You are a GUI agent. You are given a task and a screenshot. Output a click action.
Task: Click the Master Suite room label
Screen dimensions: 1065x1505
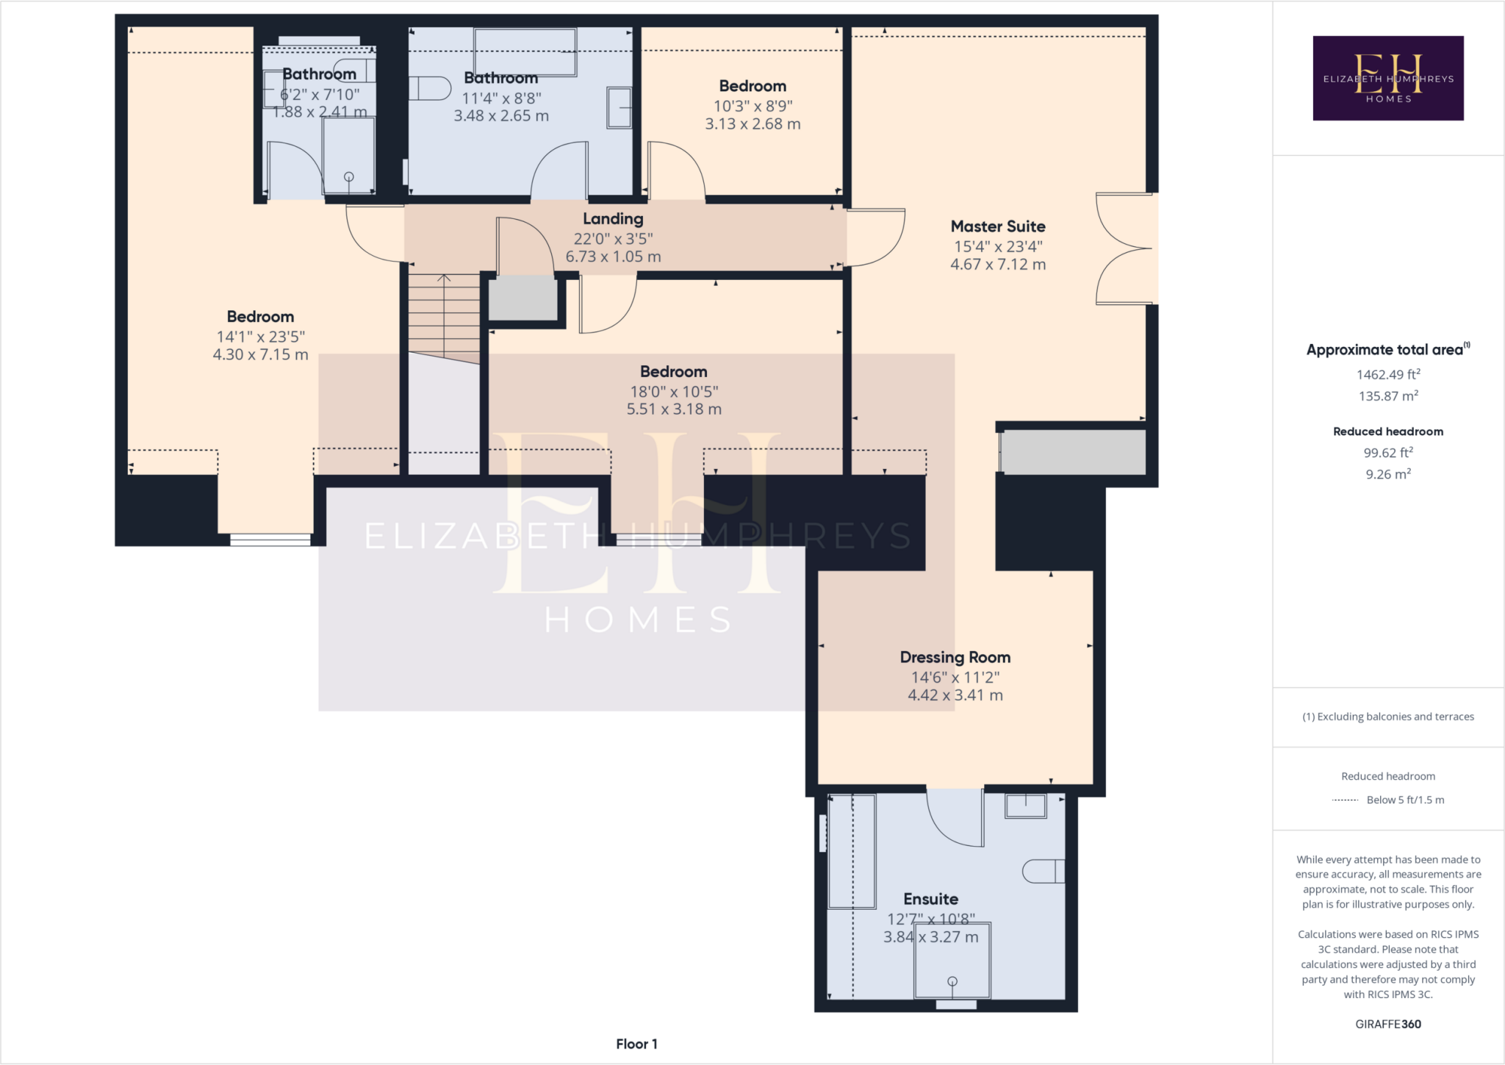click(997, 226)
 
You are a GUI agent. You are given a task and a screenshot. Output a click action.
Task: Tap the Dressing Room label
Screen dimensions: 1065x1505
click(955, 657)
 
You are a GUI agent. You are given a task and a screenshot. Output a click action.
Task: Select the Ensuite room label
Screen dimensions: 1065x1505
click(930, 899)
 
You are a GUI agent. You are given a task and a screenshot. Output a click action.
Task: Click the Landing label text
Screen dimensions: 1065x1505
click(613, 219)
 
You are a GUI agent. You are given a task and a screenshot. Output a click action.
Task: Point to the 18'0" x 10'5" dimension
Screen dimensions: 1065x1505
click(673, 392)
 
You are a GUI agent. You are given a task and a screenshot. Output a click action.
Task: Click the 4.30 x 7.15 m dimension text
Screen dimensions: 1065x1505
click(260, 354)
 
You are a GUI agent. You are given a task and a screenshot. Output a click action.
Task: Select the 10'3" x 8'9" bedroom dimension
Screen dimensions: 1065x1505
click(752, 106)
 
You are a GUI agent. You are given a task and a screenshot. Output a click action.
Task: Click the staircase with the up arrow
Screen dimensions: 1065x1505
click(444, 316)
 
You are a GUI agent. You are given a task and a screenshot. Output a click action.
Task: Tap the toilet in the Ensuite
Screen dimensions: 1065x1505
click(1042, 871)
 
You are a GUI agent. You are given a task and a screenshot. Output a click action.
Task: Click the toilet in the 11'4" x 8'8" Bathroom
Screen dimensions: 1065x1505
click(431, 88)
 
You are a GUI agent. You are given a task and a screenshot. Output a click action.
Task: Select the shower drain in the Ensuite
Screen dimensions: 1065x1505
click(952, 981)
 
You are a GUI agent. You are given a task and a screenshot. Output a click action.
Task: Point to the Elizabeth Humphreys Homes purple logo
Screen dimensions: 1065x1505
click(1387, 78)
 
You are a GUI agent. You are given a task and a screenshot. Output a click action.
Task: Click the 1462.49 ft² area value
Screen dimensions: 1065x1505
click(1387, 374)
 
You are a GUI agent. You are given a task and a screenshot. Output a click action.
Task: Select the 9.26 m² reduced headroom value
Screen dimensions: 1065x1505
click(1387, 474)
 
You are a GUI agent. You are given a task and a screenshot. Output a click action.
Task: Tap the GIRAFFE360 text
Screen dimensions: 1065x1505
click(1387, 1024)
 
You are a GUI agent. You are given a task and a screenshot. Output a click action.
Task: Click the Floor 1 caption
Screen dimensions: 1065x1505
click(636, 1044)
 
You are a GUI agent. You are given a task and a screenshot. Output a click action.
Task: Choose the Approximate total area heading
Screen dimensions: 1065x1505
click(1386, 350)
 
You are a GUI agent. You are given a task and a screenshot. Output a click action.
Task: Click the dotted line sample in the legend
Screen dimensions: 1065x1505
click(1345, 800)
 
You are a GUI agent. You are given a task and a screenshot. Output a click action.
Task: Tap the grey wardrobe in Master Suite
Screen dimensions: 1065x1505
click(1073, 452)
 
